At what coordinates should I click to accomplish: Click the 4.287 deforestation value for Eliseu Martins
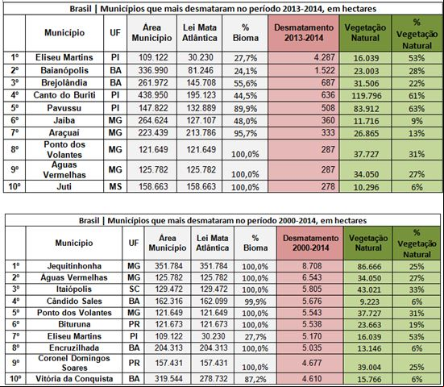coord(324,57)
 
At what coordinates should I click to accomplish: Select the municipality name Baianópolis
coord(64,70)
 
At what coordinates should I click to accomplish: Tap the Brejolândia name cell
coord(64,83)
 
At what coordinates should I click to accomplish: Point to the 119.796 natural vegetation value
coord(366,96)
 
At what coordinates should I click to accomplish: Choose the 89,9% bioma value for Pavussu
coord(245,109)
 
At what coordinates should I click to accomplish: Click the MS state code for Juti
coord(115,186)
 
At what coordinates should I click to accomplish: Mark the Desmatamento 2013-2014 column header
coord(304,33)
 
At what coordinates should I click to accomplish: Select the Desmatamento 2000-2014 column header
coord(310,243)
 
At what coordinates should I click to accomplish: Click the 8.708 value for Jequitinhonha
coord(312,266)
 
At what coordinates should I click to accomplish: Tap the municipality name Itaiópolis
coord(74,289)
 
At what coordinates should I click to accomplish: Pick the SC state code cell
coord(134,289)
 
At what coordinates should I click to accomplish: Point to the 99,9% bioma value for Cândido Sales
coord(255,302)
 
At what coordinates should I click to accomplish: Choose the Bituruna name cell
coord(74,324)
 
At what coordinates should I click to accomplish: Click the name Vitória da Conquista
coord(74,379)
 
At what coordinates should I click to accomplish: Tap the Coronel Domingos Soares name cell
coord(74,363)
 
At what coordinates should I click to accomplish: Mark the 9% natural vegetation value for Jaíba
coord(417,121)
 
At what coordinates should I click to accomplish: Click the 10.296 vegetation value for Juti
coord(366,187)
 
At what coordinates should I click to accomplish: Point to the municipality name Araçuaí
coord(64,132)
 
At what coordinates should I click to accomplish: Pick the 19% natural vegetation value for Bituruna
coord(417,325)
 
